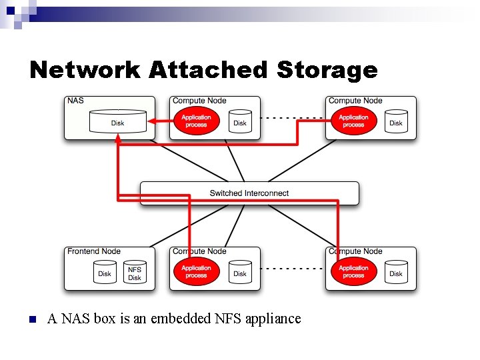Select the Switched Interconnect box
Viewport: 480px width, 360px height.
click(249, 193)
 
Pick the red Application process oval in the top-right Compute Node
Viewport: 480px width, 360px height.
click(353, 121)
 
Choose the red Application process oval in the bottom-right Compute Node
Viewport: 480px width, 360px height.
click(353, 272)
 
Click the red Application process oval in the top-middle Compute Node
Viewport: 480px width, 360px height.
click(196, 121)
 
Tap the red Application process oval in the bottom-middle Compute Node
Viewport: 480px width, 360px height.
click(196, 272)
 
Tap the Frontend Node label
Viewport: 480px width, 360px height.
click(94, 251)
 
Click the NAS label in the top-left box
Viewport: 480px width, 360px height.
click(75, 101)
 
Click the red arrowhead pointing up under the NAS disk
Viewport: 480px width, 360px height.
click(118, 140)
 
